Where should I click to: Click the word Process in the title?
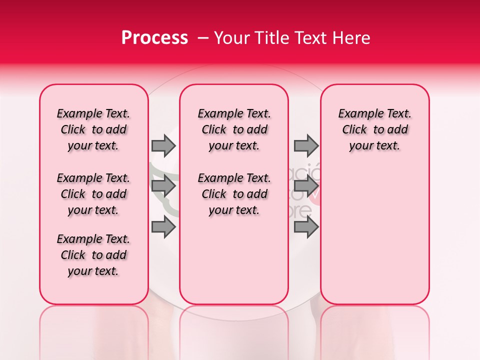click(x=154, y=38)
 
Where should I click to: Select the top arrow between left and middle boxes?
click(x=163, y=145)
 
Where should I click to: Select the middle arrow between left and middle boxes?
click(x=163, y=186)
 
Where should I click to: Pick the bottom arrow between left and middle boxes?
click(x=163, y=227)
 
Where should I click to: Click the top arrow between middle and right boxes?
click(x=306, y=145)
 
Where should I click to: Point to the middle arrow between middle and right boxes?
click(x=306, y=186)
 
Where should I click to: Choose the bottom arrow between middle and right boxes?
click(x=306, y=227)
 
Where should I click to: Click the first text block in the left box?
click(x=93, y=129)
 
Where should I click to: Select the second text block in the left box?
click(x=93, y=194)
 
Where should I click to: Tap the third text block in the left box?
click(x=93, y=255)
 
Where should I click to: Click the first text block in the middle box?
click(x=234, y=129)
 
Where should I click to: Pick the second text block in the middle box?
click(x=234, y=194)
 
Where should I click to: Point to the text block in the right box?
click(x=374, y=129)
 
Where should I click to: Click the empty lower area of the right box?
click(x=374, y=230)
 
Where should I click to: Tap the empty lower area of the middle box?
click(x=234, y=260)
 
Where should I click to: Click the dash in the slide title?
click(x=202, y=38)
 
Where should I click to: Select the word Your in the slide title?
click(x=230, y=38)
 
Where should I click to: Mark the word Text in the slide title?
click(x=310, y=38)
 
